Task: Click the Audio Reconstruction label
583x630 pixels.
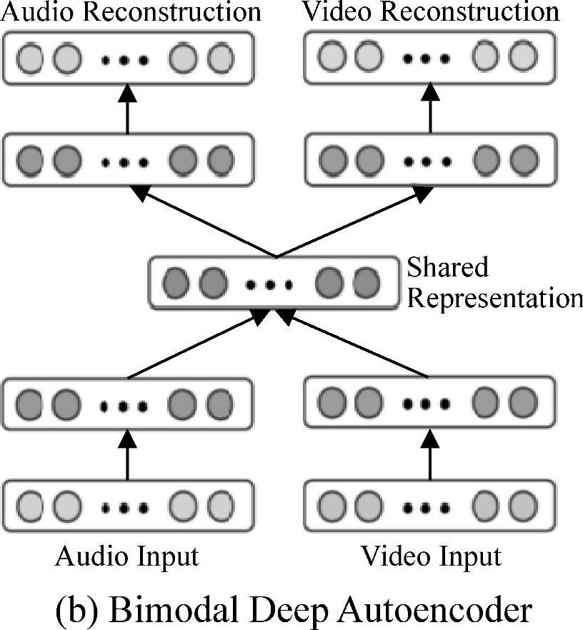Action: click(130, 11)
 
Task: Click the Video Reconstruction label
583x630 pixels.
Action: click(431, 11)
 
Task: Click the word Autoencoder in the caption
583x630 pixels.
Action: click(444, 609)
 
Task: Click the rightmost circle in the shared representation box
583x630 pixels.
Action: click(364, 284)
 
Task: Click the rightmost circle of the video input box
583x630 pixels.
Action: click(524, 506)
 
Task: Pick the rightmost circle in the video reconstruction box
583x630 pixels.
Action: click(524, 56)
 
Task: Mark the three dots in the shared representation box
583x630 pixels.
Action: click(269, 285)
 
